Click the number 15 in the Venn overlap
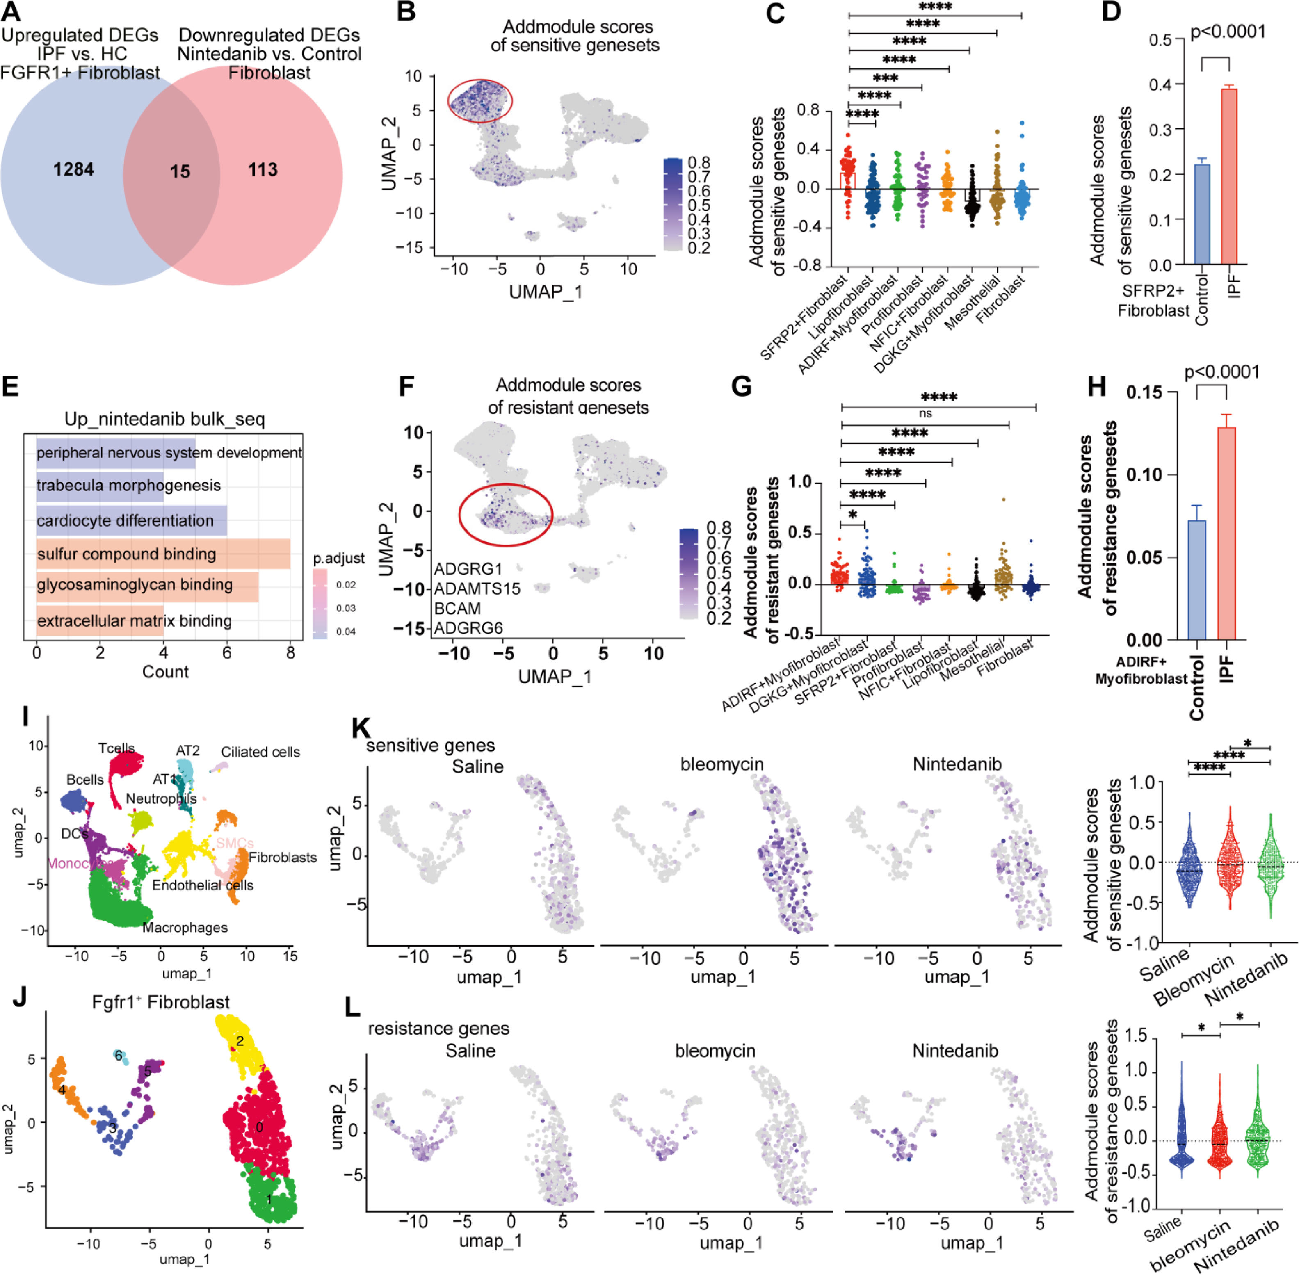(180, 171)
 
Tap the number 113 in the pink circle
(263, 169)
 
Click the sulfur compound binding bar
(163, 554)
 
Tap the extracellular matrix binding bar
(100, 621)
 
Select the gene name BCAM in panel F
(457, 608)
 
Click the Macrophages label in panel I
(185, 928)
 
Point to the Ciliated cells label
(260, 752)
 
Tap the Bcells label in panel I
(85, 780)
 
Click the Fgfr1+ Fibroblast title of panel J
(161, 1002)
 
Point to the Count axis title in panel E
(165, 672)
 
